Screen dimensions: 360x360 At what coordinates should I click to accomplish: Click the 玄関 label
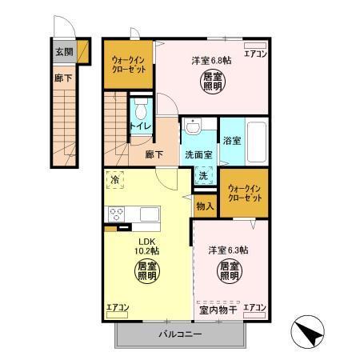[63, 51]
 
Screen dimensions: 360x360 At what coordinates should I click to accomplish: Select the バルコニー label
[178, 334]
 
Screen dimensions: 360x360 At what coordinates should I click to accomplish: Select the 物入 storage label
[204, 206]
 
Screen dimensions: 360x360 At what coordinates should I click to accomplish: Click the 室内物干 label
[217, 309]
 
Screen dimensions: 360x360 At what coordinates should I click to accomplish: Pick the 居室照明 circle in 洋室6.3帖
[230, 270]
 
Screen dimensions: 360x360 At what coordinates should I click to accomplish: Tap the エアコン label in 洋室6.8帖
[255, 54]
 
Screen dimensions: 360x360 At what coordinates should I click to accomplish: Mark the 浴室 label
[231, 139]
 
